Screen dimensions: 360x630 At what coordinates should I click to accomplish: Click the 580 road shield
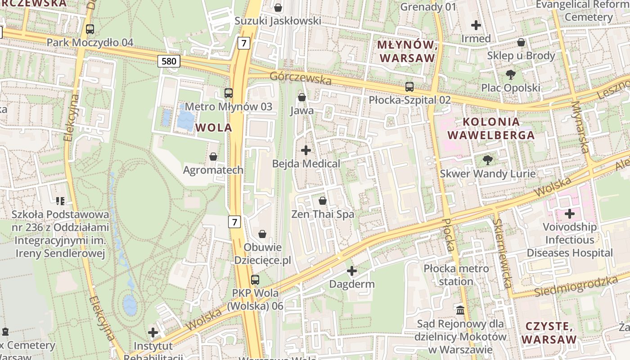(169, 61)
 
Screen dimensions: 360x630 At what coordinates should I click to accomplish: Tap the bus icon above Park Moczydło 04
(90, 29)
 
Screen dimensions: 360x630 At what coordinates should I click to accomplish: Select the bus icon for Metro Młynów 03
(229, 93)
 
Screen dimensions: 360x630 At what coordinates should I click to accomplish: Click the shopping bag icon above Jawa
(302, 97)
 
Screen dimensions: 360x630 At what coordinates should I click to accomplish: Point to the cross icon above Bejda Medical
(306, 150)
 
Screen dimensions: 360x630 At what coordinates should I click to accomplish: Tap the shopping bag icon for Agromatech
(213, 157)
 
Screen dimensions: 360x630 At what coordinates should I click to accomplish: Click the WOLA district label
(214, 127)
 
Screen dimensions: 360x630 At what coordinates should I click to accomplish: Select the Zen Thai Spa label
(323, 214)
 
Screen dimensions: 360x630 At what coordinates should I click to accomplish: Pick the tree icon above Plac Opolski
(510, 74)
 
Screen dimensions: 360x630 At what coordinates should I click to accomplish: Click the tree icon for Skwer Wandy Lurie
(487, 160)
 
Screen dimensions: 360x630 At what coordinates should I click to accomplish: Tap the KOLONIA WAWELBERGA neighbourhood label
(491, 128)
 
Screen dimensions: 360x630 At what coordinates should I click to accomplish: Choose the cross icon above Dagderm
(352, 271)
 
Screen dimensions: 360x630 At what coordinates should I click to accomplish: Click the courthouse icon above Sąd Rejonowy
(460, 310)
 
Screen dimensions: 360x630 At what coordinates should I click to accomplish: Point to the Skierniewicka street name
(502, 253)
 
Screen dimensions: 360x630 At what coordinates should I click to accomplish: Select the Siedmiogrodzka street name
(576, 287)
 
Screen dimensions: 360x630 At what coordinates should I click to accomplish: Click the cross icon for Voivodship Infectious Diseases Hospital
(570, 213)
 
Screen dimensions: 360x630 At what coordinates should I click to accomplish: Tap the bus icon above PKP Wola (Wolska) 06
(255, 279)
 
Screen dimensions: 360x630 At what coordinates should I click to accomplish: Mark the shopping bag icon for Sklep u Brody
(521, 42)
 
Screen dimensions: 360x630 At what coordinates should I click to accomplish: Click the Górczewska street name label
(301, 78)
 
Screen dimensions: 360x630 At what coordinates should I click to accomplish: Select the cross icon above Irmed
(476, 25)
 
